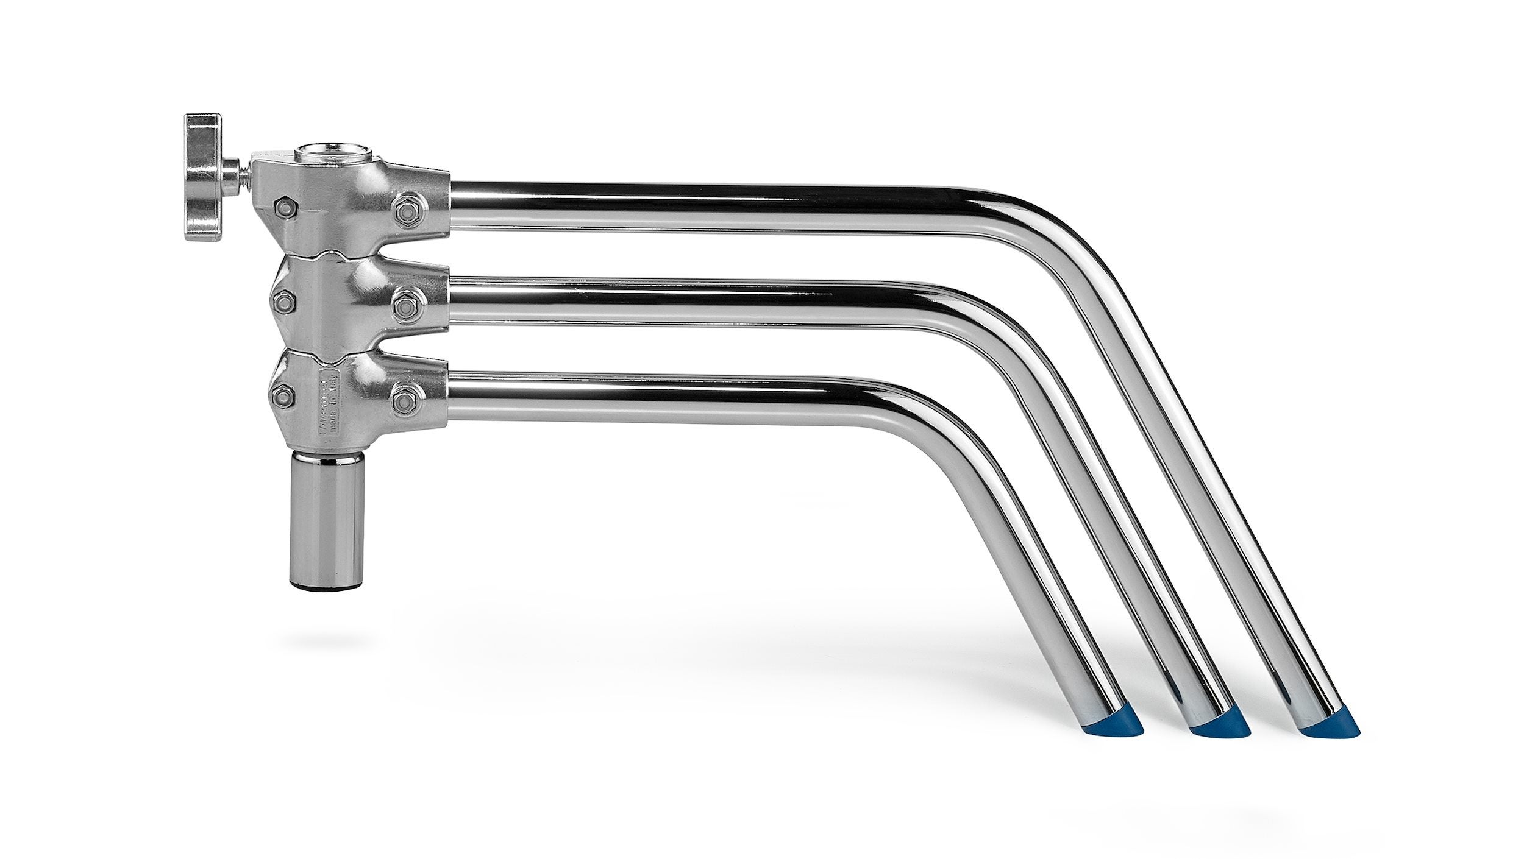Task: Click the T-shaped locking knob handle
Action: pyautogui.click(x=203, y=177)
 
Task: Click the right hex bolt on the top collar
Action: pyautogui.click(x=407, y=208)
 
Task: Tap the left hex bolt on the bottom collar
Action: pyautogui.click(x=282, y=396)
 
